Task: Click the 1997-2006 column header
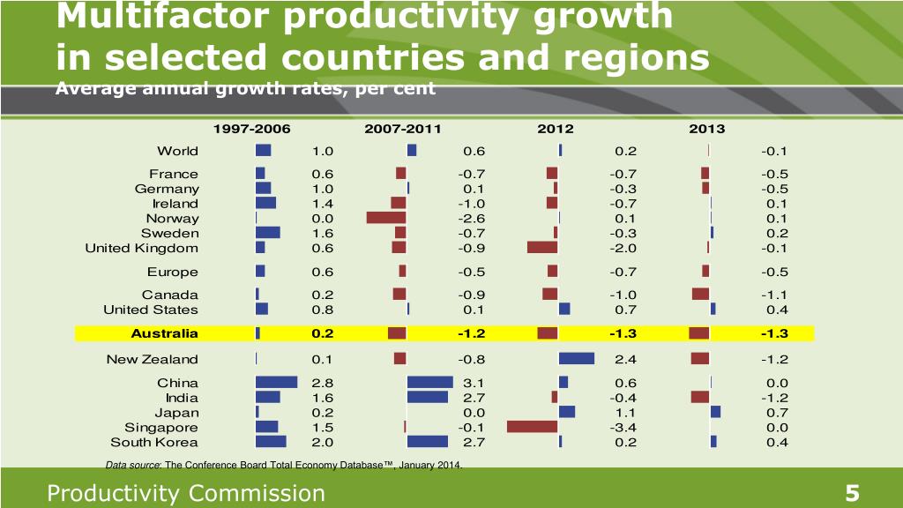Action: tap(251, 129)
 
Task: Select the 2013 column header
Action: tap(706, 129)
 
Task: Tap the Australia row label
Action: tap(164, 333)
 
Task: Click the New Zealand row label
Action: tap(152, 359)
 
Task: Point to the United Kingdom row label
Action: tap(141, 248)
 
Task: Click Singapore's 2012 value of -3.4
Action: tap(623, 428)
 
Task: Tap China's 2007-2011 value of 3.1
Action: tap(474, 383)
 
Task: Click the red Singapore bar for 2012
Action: tap(532, 427)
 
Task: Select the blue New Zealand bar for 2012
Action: tap(577, 358)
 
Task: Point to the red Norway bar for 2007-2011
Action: tap(386, 218)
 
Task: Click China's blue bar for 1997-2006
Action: tap(276, 382)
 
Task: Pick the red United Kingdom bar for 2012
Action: tap(542, 248)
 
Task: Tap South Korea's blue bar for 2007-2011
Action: tap(428, 441)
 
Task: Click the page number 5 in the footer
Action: tap(852, 494)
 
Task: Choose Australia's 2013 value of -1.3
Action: tap(775, 333)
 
